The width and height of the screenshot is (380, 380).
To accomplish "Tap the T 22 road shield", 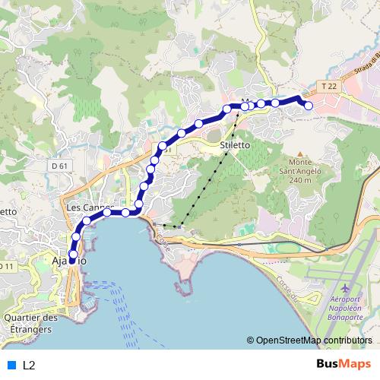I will point(328,87).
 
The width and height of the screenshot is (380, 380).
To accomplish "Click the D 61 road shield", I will point(61,164).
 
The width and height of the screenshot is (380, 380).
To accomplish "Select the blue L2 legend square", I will point(11,365).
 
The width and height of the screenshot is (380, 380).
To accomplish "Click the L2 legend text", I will point(29,365).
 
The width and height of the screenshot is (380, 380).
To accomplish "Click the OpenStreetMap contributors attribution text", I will point(313,340).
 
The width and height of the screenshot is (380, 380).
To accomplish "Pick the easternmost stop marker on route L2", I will point(309,106).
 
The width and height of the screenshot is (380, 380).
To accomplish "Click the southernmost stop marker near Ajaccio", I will point(73,255).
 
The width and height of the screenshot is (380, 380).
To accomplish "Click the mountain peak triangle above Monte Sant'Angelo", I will point(300,151).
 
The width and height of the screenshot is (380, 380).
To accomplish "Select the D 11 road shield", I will point(6,266).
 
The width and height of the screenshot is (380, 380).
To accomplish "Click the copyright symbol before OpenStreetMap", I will point(250,340).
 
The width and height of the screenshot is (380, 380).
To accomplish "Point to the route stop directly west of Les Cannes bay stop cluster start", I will point(87,220).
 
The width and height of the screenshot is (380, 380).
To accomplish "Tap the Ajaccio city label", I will point(69,261).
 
